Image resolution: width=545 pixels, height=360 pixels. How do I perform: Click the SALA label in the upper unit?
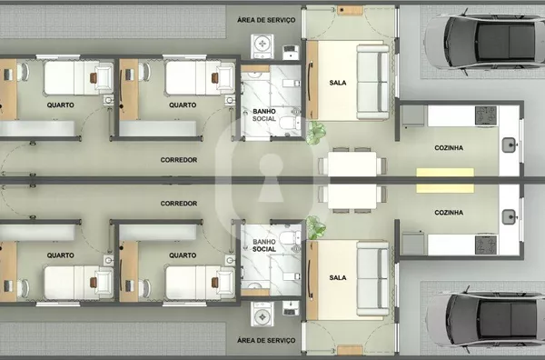tap(338, 83)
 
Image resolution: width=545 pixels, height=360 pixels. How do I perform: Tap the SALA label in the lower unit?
tap(338, 277)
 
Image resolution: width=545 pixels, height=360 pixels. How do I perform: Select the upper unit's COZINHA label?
tap(449, 148)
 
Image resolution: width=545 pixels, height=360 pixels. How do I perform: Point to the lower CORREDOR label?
tap(179, 203)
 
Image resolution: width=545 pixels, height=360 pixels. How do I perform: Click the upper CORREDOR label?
tap(179, 160)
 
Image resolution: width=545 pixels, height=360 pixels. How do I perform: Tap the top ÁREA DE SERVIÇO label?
tap(266, 20)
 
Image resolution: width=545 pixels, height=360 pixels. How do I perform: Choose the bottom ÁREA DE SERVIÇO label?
tap(266, 340)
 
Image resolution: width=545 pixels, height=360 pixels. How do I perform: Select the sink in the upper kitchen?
tap(509, 145)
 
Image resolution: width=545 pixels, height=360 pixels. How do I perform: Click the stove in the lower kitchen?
tap(486, 245)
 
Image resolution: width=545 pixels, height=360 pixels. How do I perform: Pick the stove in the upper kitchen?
tap(486, 115)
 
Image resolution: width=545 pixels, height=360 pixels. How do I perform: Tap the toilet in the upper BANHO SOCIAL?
tap(290, 123)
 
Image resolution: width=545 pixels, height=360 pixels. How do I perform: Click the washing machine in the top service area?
tap(263, 46)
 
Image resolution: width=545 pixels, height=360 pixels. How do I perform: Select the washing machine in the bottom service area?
tap(263, 314)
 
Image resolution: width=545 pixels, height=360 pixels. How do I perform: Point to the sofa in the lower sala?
tap(372, 278)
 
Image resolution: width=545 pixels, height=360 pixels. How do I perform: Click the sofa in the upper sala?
tap(372, 82)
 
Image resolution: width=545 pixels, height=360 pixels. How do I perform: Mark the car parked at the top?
tap(484, 42)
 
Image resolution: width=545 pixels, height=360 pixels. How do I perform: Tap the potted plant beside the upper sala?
tap(316, 133)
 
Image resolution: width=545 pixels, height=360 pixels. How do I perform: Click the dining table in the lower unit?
tap(352, 196)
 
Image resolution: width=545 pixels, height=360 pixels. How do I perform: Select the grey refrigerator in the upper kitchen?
tap(413, 115)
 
